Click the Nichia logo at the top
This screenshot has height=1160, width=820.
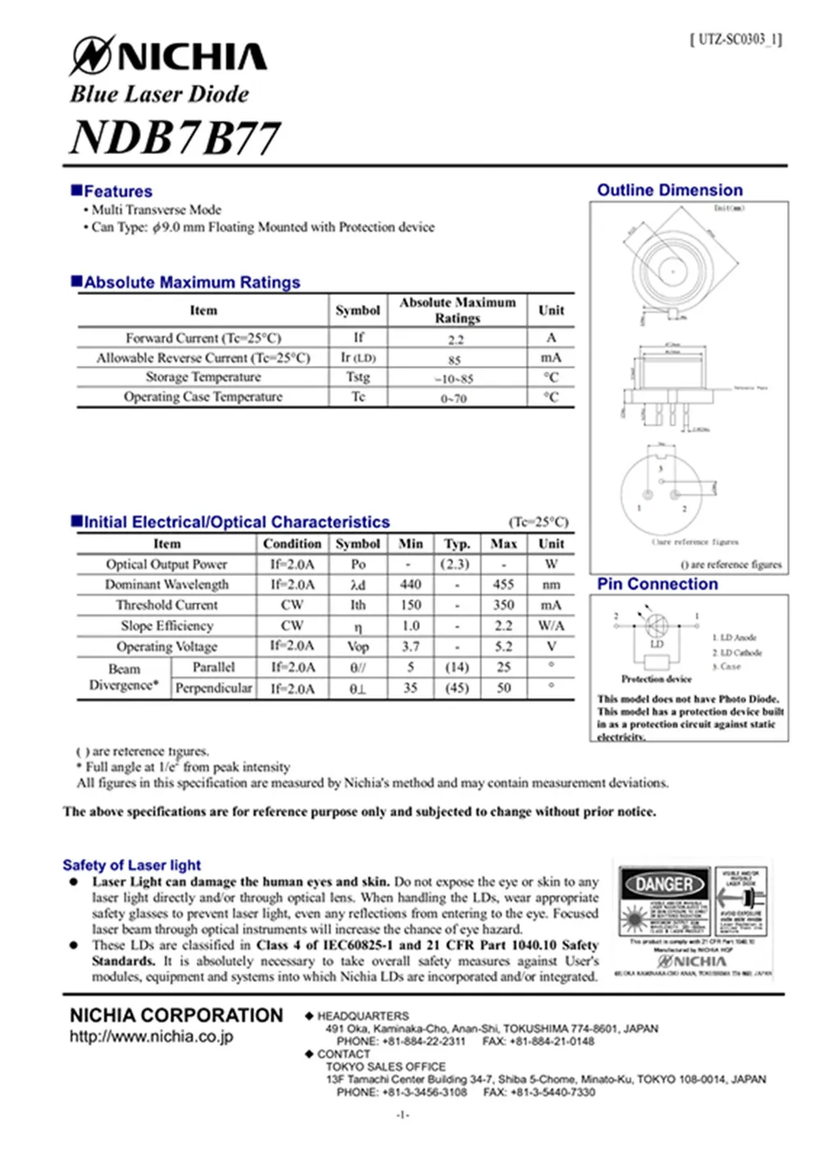[x=168, y=57]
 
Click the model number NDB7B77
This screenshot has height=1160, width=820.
[x=175, y=137]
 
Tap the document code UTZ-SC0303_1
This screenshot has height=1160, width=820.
[x=736, y=39]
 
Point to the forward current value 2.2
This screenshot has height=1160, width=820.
[x=456, y=339]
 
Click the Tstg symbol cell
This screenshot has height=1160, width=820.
[x=358, y=377]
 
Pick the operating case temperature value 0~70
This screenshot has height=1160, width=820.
[x=453, y=398]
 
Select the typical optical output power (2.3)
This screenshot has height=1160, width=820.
[x=456, y=564]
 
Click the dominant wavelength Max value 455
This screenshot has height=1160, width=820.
[x=503, y=585]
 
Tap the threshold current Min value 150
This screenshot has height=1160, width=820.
[x=411, y=605]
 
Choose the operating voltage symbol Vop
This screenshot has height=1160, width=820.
[x=358, y=646]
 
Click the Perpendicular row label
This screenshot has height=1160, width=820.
[x=213, y=688]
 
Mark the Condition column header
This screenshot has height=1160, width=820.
[x=292, y=544]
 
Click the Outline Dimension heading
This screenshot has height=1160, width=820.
[x=669, y=190]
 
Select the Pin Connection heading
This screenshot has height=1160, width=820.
[x=657, y=584]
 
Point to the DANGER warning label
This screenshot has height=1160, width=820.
[x=665, y=885]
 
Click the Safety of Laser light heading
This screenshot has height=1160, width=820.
[x=131, y=865]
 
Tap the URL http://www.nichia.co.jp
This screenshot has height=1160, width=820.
[x=151, y=1036]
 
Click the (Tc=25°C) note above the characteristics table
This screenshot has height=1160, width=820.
[x=538, y=522]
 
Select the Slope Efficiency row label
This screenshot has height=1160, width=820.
[x=166, y=625]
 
